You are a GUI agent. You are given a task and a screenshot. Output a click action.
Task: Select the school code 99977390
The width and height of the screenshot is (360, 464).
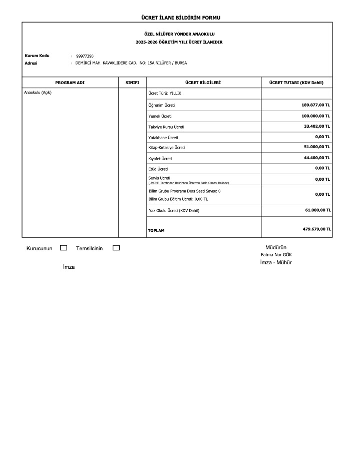click(x=85, y=56)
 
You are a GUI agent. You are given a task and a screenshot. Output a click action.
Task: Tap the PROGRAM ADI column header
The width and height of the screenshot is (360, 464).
click(x=70, y=83)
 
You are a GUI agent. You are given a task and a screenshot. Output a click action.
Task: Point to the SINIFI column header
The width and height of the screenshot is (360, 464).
click(x=132, y=83)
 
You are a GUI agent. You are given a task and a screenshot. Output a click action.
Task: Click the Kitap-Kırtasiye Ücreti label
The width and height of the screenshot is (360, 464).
click(x=167, y=147)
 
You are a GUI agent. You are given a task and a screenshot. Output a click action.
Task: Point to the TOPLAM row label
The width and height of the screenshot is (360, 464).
click(x=156, y=231)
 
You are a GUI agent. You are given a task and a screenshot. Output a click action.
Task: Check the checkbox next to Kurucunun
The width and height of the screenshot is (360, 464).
click(x=64, y=248)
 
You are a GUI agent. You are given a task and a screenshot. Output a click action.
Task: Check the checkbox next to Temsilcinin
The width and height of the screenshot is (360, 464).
click(x=116, y=248)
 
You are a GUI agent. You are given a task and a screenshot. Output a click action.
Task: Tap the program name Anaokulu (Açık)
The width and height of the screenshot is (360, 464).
click(x=38, y=93)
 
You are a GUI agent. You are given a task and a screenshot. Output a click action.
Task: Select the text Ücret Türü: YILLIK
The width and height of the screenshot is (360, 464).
click(x=165, y=94)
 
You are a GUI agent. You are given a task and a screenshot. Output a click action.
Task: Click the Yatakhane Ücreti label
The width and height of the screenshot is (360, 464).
click(x=163, y=137)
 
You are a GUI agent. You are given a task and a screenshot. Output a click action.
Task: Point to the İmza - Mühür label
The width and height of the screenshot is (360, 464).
click(x=276, y=263)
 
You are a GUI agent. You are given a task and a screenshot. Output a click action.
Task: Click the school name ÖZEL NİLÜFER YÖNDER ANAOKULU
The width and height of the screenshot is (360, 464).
click(x=179, y=34)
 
